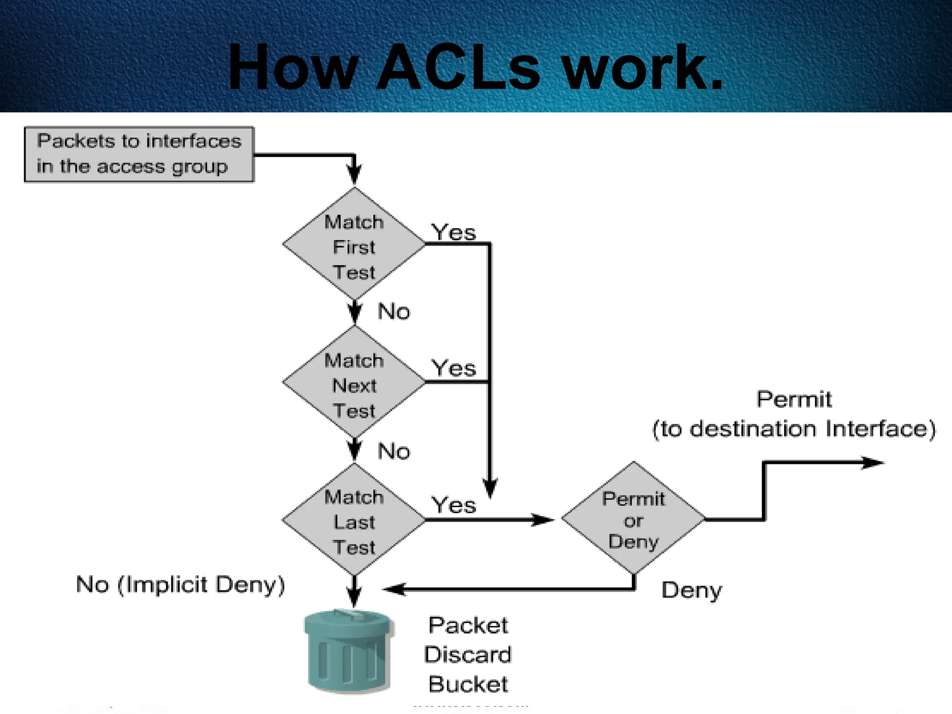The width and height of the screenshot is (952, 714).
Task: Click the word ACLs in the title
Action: (x=458, y=67)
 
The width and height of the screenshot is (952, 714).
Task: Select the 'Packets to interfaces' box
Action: (x=139, y=154)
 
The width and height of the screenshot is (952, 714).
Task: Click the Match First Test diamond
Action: (x=354, y=244)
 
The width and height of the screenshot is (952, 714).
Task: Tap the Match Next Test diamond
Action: (x=354, y=383)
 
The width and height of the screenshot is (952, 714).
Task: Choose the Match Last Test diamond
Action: (x=354, y=520)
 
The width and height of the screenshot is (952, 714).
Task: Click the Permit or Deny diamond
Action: (x=634, y=519)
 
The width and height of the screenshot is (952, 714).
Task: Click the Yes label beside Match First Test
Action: (x=454, y=232)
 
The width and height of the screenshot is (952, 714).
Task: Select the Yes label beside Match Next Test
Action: (x=454, y=369)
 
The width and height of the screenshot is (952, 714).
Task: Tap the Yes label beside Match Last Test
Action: (x=454, y=505)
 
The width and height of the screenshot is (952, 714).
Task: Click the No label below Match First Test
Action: (x=394, y=311)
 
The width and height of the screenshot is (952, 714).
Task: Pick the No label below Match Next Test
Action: (x=394, y=451)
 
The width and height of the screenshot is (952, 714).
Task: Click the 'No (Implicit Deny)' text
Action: (x=180, y=585)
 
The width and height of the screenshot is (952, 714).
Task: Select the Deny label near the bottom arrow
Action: (x=692, y=590)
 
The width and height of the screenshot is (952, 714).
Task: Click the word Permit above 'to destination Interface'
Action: (x=794, y=399)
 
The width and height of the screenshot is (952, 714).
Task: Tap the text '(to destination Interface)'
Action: (x=794, y=429)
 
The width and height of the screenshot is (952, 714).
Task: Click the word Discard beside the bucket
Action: (x=468, y=655)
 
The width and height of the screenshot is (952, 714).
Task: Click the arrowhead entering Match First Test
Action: (x=354, y=176)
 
